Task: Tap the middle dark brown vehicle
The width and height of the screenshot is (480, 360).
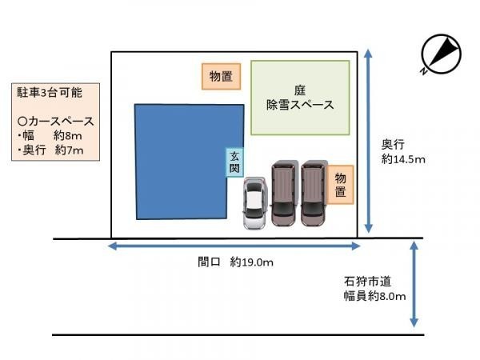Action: click(284, 193)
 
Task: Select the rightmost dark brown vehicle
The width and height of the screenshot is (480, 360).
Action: click(314, 193)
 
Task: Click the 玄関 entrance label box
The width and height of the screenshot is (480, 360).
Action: click(234, 162)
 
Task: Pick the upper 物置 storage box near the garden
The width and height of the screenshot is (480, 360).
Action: click(221, 77)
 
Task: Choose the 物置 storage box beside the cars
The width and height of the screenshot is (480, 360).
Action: click(340, 182)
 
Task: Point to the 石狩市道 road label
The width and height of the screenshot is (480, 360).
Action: click(368, 281)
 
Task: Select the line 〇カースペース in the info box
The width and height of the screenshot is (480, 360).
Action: click(55, 122)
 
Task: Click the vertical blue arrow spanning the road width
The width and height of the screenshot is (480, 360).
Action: click(414, 285)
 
